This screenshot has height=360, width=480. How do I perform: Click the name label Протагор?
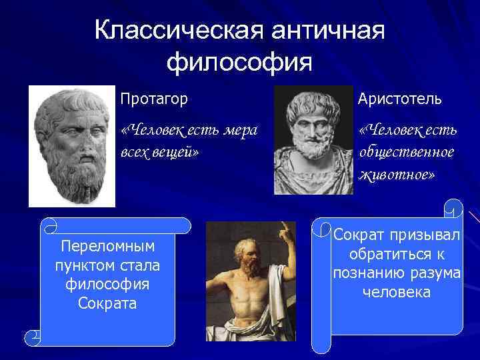(154, 99)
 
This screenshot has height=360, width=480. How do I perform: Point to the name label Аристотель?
(399, 99)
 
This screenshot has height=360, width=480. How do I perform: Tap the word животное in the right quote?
(397, 174)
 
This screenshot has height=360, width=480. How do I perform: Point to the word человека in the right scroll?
(397, 293)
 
